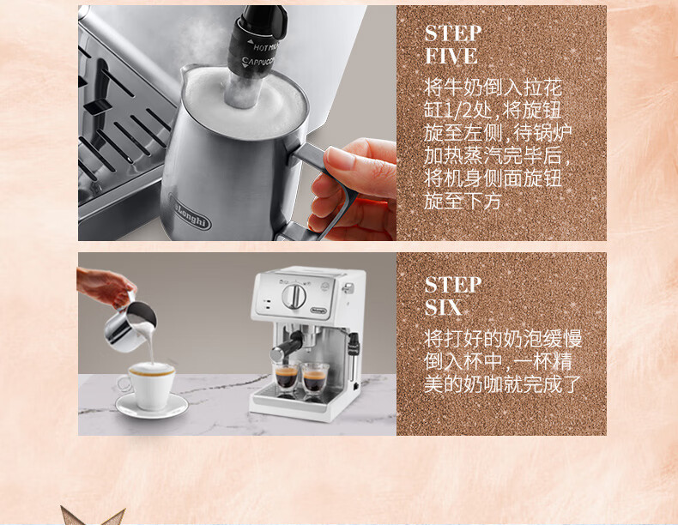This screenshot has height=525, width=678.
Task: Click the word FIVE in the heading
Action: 451,56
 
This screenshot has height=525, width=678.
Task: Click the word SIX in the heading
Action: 443,308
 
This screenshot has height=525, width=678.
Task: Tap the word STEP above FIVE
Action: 453,33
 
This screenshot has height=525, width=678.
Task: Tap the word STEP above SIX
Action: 453,285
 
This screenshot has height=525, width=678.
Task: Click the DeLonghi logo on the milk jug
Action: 190,213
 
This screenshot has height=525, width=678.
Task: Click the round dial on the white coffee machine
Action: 294,297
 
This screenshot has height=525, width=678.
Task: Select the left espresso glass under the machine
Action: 286,377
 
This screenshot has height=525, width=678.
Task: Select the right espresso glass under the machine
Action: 315,378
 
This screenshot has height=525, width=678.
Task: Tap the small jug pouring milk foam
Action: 130,326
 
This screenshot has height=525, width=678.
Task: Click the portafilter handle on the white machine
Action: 287,347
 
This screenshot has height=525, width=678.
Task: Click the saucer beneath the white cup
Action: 152,406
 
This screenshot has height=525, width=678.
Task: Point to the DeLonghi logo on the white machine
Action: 319,310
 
